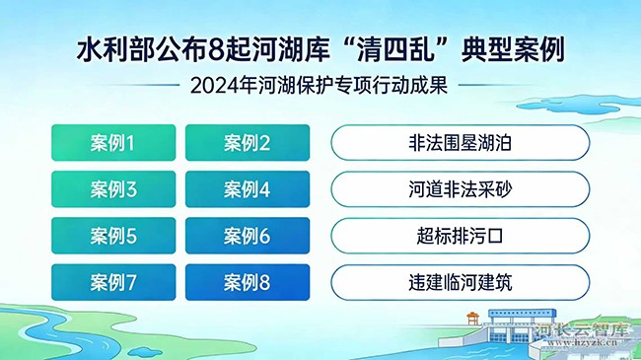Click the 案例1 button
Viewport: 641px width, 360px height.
coord(112,143)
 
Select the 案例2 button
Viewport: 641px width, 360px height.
coord(247,143)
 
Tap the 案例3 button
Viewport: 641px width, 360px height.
coord(112,189)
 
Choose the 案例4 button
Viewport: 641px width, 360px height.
coord(247,189)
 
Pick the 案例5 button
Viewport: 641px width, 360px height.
coord(112,236)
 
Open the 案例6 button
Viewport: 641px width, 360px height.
coord(247,236)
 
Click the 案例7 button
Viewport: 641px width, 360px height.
coord(112,282)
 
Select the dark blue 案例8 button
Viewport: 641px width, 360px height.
coord(247,282)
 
